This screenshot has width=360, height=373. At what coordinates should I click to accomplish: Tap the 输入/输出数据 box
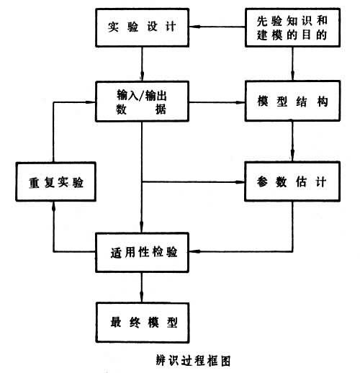coord(142,102)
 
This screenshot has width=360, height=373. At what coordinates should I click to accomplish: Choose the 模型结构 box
coord(292,102)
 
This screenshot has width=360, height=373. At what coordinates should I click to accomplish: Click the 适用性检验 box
coord(142,253)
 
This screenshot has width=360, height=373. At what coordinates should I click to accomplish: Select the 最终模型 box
coord(142,318)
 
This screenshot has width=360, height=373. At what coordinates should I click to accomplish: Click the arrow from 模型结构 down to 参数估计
coord(292,141)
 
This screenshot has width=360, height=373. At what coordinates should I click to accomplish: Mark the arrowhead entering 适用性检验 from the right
coord(193,253)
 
